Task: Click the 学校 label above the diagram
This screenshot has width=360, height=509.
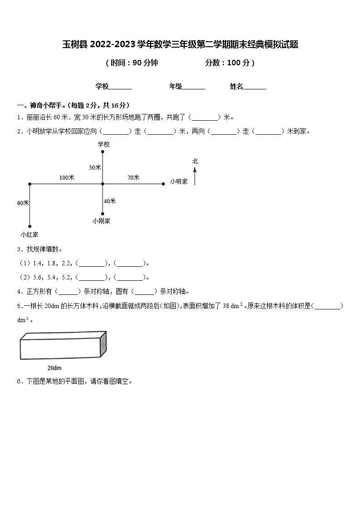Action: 104,144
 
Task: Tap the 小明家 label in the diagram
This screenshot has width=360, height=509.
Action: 179,181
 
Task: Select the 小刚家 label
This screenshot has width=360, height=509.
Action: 101,221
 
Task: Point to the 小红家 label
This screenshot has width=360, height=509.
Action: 30,235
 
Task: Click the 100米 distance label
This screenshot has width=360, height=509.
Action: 67,177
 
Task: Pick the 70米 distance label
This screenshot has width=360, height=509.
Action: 133,177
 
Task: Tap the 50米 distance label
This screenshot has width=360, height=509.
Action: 95,167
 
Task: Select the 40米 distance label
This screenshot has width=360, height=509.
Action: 110,201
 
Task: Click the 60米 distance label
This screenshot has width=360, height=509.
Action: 23,203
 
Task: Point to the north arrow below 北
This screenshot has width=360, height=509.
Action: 195,176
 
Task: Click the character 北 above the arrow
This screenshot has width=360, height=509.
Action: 195,161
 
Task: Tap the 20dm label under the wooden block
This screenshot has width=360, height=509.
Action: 54,367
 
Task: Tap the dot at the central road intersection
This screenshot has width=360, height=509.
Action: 103,184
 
